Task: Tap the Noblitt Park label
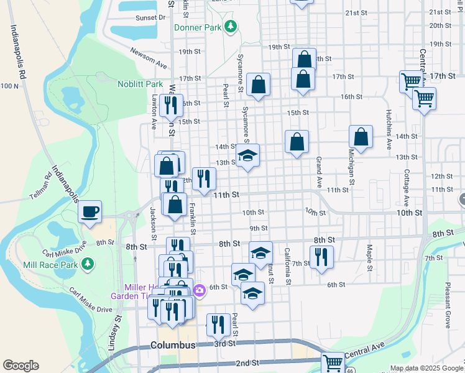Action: pos(140,84)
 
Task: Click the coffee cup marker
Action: pos(90,212)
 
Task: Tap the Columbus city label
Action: pos(173,344)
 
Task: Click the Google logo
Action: pos(21,366)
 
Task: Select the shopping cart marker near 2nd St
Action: pos(333,362)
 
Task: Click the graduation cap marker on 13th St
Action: pos(247,156)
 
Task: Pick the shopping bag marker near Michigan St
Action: pos(361,137)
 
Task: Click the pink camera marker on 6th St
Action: pos(200,290)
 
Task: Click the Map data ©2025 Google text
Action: pos(426,368)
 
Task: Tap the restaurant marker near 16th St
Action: pos(167,105)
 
